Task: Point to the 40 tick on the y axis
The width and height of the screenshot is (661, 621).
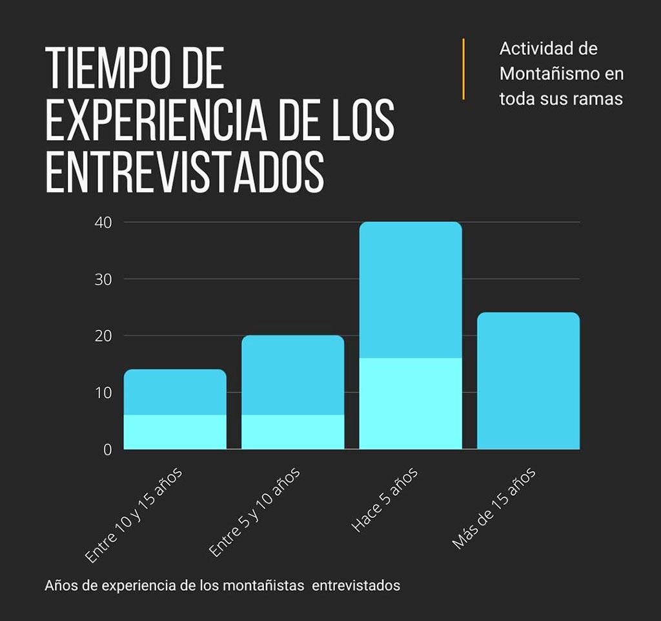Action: tap(103, 223)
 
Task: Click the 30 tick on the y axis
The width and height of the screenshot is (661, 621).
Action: tap(103, 280)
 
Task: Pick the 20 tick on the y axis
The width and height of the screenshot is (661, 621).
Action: tap(103, 336)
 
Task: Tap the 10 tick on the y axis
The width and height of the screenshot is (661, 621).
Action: tap(103, 392)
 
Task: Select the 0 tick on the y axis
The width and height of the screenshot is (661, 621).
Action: tap(107, 449)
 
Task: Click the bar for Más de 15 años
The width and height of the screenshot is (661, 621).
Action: tap(528, 381)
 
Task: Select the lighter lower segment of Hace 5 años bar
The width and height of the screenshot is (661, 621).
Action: tap(411, 403)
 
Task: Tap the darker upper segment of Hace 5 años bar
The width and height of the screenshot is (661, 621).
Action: tap(411, 290)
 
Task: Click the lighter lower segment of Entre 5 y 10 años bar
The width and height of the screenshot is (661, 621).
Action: tap(292, 432)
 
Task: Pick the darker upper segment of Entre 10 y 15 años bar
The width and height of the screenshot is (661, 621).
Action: tap(175, 392)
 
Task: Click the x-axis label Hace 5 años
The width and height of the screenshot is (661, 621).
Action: tap(385, 500)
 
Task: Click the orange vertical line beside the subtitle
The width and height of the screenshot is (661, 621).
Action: tap(463, 69)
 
